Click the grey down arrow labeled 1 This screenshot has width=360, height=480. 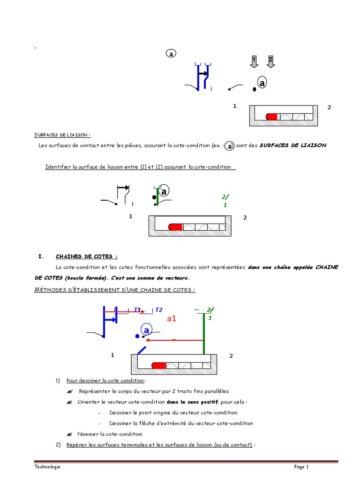point(254,61)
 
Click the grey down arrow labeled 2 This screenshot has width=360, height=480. point(270,61)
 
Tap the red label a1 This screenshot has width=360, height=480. point(172,319)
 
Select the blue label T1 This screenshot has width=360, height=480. point(138,309)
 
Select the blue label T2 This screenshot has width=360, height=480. point(158,309)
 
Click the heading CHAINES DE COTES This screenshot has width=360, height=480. point(86,256)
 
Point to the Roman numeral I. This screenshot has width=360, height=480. point(40,256)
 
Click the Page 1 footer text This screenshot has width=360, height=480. point(301,467)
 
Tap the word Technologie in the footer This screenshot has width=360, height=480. point(47,467)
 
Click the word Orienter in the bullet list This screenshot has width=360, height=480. point(89,402)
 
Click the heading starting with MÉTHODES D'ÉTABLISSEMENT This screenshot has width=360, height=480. point(115,289)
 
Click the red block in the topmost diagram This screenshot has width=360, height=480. point(272,117)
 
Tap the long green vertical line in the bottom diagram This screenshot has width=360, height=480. point(204,333)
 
